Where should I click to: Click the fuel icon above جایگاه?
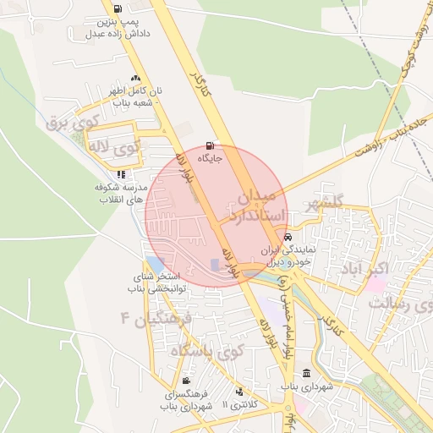click(210, 145)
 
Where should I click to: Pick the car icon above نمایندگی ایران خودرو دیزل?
click(289, 238)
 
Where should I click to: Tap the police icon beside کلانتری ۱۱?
click(239, 392)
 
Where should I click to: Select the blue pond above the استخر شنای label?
click(156, 265)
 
